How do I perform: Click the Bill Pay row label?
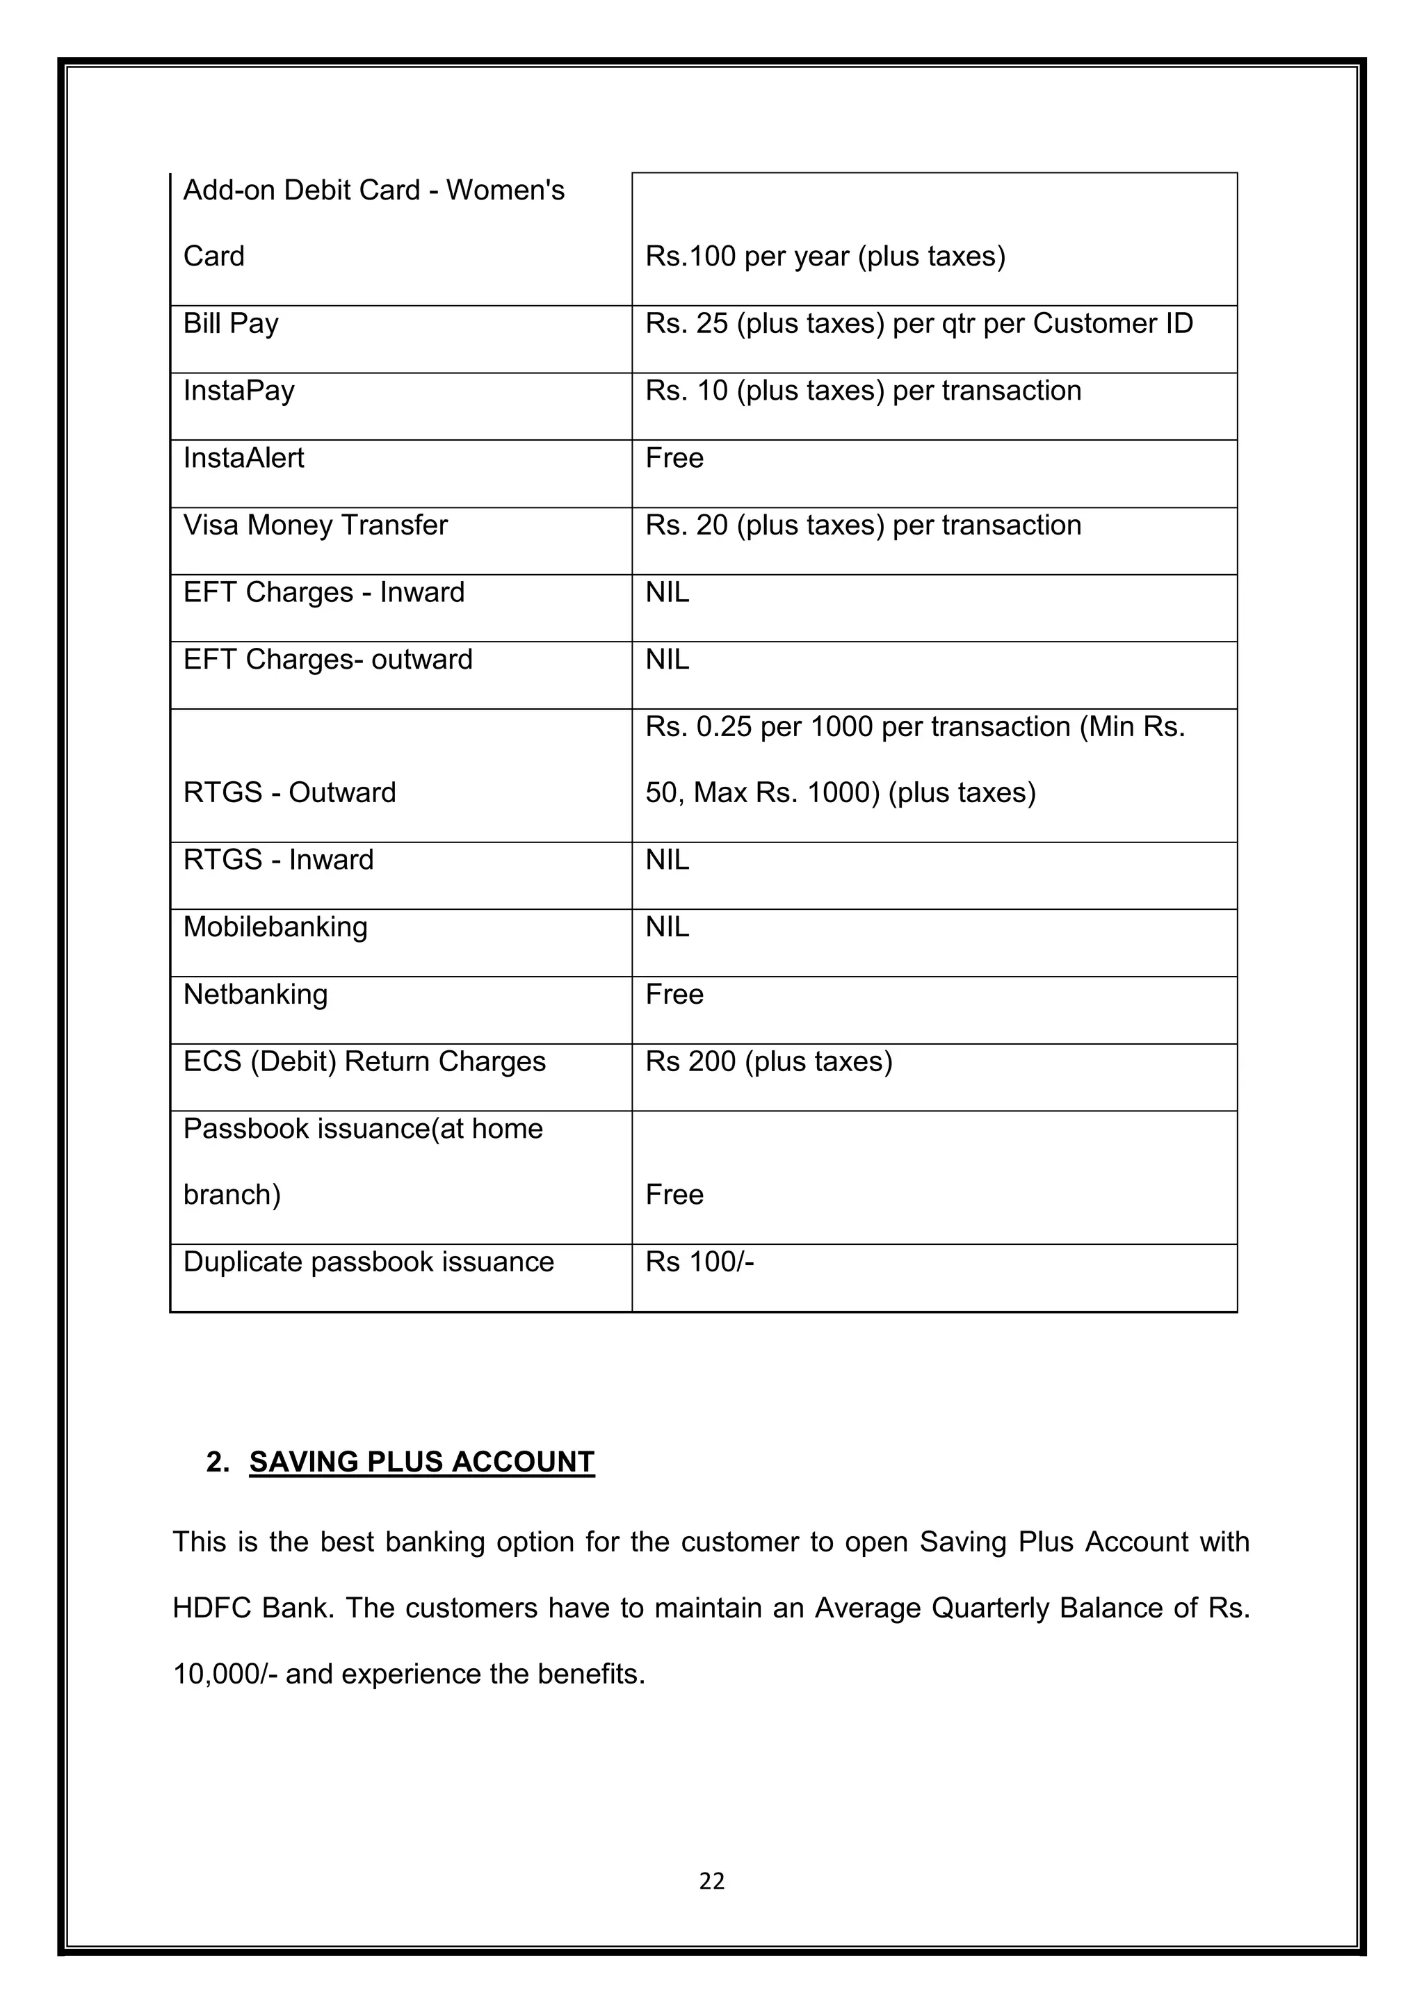231,323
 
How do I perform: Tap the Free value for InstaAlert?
674,457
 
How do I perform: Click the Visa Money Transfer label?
315,525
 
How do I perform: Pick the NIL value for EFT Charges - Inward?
667,593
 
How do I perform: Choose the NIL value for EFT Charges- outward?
667,660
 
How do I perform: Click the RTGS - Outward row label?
289,792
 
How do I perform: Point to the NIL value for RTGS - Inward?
667,860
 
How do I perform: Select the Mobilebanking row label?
275,927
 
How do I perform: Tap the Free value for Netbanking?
674,994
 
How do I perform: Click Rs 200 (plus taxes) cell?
769,1061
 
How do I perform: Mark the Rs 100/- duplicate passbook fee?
699,1262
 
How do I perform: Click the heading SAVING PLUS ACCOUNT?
422,1462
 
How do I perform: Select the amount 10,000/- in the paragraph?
225,1674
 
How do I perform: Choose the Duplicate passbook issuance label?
369,1262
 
